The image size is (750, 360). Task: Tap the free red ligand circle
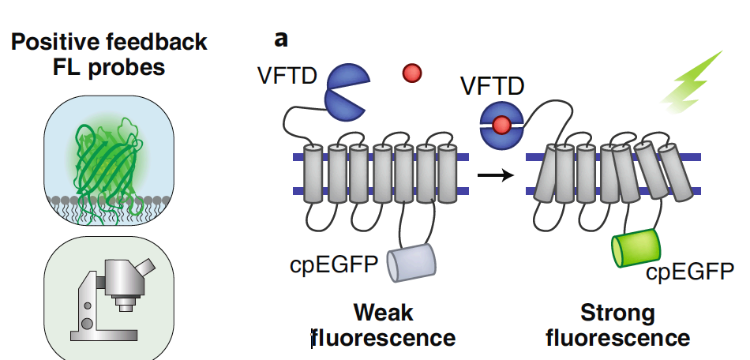[x=411, y=73]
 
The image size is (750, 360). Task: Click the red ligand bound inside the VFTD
[x=501, y=124]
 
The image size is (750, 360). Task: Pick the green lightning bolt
[x=692, y=81]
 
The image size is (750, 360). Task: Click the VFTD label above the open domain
[x=287, y=77]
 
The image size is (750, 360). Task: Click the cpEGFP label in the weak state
[x=343, y=265]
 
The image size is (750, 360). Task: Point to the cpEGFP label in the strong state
[x=689, y=272]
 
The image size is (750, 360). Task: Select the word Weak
[x=383, y=313]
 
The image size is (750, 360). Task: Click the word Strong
[x=617, y=313]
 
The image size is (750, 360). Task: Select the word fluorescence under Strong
[x=617, y=339]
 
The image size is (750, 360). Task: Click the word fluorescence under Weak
[x=384, y=339]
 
